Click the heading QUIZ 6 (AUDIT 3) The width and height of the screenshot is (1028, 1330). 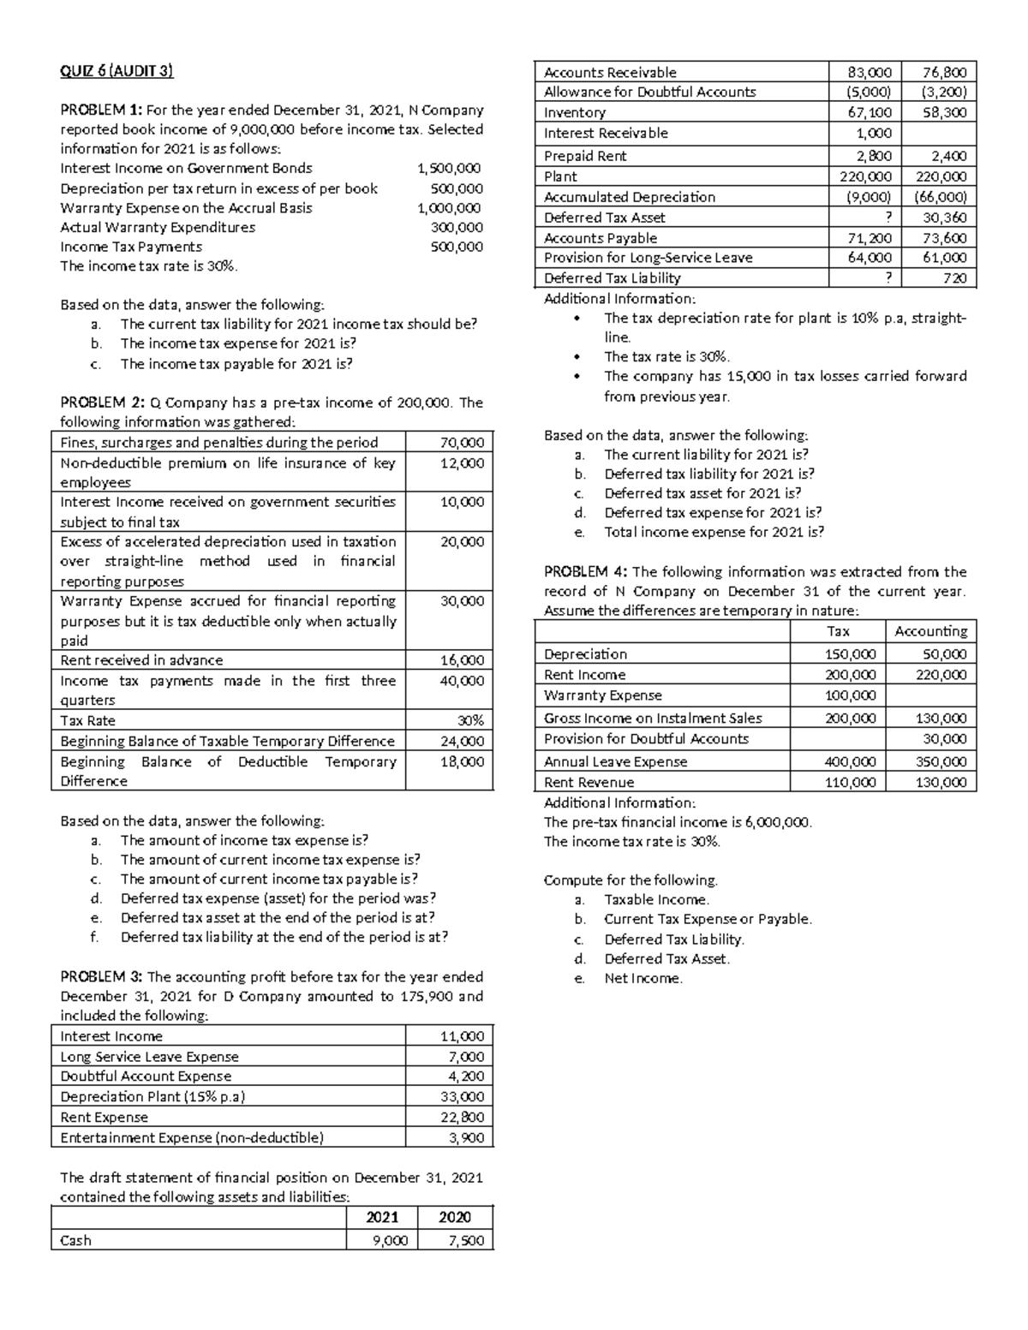(117, 72)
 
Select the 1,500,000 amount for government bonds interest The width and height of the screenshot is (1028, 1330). (449, 169)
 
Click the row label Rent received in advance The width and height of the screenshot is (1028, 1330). (141, 660)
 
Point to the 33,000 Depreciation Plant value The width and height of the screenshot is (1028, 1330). (466, 1096)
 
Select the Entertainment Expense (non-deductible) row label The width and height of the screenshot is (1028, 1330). (192, 1137)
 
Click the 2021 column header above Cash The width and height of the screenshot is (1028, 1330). (382, 1218)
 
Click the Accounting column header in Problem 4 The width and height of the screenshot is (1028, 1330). (930, 631)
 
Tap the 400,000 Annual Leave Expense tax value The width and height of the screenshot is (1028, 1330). (850, 761)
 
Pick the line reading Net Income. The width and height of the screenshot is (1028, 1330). (643, 978)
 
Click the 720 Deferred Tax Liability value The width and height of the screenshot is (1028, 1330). (955, 278)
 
